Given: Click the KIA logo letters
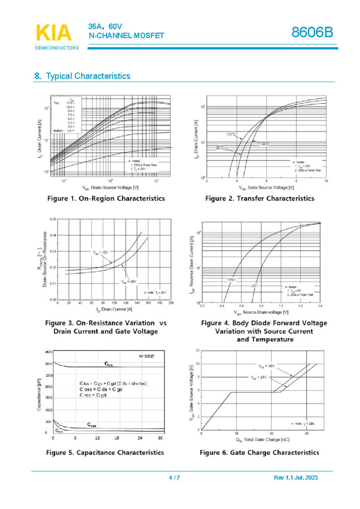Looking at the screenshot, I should (54, 33).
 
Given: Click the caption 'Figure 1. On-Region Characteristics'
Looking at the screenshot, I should (105, 198).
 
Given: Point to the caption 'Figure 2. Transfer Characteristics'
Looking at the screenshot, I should (260, 198).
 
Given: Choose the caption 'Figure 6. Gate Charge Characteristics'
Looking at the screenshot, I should (260, 452).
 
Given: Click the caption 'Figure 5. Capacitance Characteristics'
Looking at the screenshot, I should (105, 452).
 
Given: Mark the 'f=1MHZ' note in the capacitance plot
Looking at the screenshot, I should (147, 355).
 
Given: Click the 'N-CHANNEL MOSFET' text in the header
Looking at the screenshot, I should (126, 36).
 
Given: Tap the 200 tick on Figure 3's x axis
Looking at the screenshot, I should (171, 303).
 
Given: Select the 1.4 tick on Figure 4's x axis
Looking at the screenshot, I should (320, 306).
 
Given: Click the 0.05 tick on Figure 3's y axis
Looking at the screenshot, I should (53, 219).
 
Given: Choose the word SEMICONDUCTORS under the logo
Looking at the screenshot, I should (57, 48).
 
